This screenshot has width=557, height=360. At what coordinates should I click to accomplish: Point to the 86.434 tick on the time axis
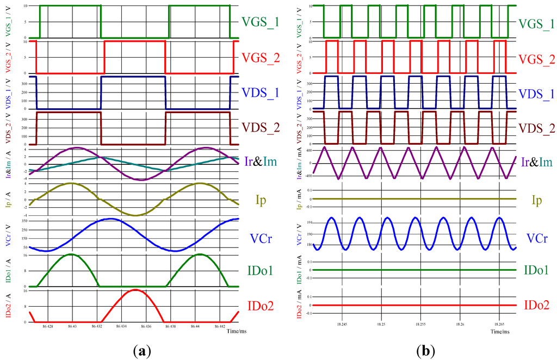pyautogui.click(x=121, y=326)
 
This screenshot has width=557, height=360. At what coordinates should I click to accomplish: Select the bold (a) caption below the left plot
pyautogui.click(x=139, y=351)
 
